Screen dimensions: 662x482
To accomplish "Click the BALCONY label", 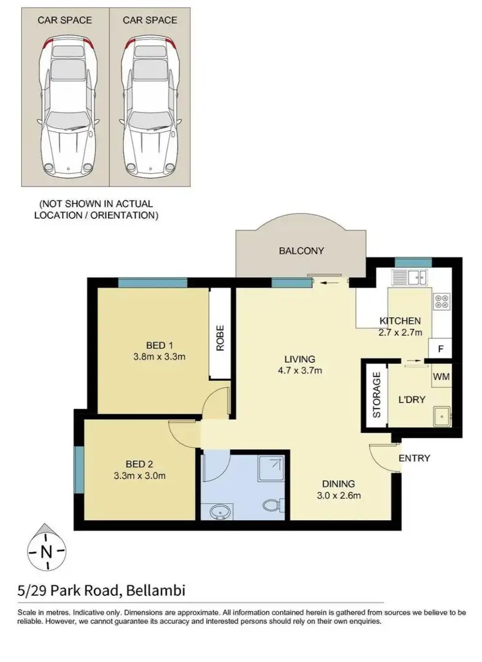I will coord(301,251).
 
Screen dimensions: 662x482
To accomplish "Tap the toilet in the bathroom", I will coord(269,506).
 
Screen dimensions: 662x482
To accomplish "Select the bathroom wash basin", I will coord(220,512).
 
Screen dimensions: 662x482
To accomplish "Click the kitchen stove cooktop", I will coord(442,302).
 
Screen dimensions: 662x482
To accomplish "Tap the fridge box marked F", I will coord(440,349).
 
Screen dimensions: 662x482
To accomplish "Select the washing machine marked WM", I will coord(441,376).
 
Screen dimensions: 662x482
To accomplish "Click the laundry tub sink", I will coord(441,416).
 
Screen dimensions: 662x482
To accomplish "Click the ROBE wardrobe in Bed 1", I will coord(220,334).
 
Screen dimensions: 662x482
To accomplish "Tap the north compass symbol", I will coord(46,550).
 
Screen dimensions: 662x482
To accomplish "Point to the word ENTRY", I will coord(414,458).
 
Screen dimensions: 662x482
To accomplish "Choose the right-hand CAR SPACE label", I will coord(150,20).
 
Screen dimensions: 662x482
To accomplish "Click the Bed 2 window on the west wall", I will coord(80,471).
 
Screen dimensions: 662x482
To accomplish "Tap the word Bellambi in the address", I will coord(156,589).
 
